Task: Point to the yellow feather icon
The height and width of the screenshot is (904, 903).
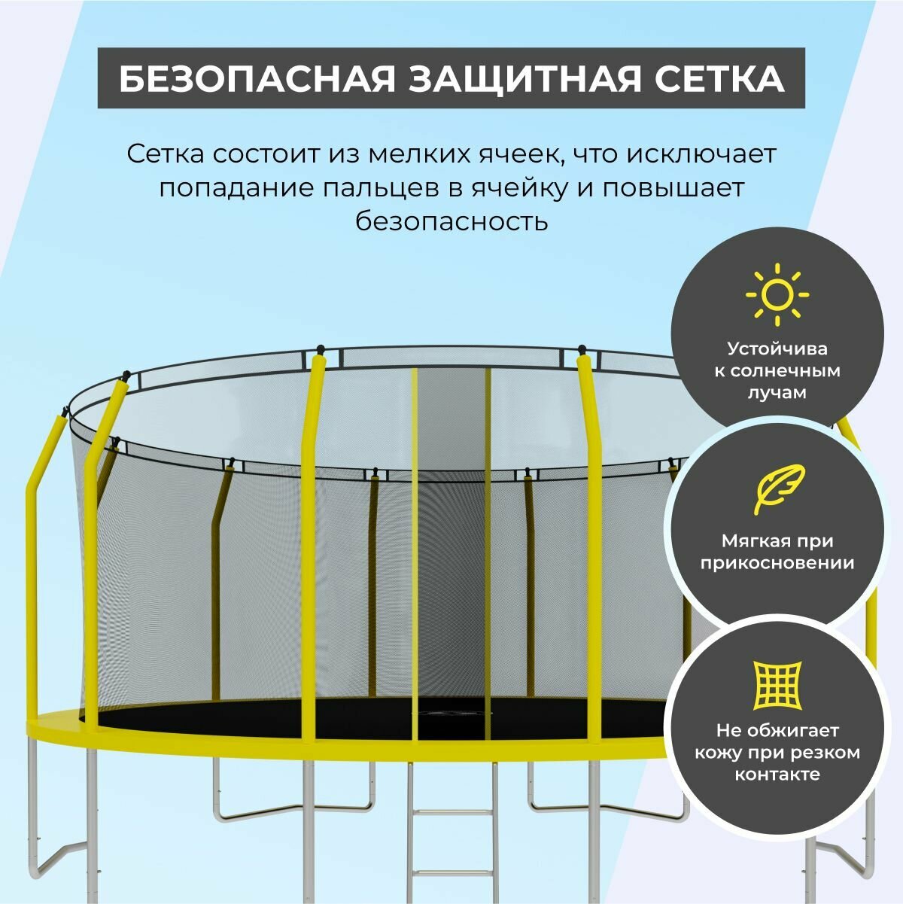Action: coord(778,489)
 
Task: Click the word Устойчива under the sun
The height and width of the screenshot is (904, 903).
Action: coord(777,349)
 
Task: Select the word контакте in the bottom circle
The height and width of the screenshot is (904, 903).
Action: coord(777,775)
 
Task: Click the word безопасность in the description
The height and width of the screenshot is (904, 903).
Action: coord(451,221)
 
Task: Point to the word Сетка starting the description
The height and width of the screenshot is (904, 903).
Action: coord(166,154)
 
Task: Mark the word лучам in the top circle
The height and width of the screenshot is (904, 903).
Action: coord(777,392)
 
